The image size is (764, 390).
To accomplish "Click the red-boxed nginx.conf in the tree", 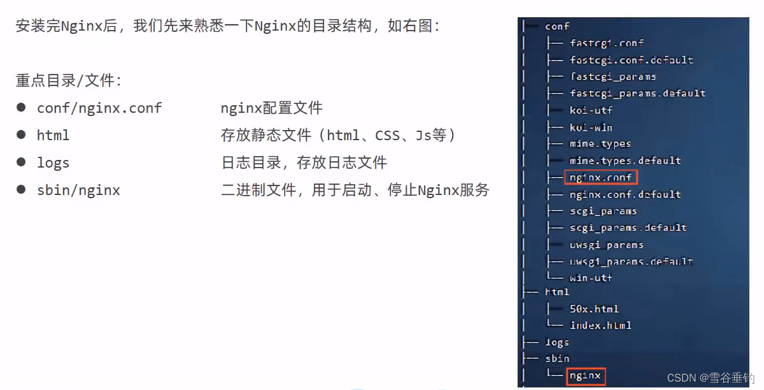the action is click(601, 177).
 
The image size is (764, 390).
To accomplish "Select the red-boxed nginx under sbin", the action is click(585, 375).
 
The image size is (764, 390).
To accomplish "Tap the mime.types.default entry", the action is click(625, 160).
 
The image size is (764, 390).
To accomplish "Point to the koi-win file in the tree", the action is click(591, 127).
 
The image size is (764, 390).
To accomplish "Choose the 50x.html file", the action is click(594, 308).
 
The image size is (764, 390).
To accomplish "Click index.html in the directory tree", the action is click(600, 325).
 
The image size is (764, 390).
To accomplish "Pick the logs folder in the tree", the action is click(556, 342).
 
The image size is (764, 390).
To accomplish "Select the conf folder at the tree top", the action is click(557, 26).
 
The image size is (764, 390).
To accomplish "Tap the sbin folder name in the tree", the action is click(557, 358).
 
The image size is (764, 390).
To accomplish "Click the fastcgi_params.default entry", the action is click(637, 93).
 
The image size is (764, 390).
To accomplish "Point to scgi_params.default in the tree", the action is click(628, 227).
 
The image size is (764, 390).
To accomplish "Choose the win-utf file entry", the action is click(591, 278).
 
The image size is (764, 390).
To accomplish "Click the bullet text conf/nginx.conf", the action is click(99, 108).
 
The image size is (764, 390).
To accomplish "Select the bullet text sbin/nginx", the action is click(78, 190).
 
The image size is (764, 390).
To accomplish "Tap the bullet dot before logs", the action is click(22, 162).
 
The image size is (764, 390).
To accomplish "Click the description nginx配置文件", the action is click(272, 108).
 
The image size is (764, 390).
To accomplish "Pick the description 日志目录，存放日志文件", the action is click(304, 162).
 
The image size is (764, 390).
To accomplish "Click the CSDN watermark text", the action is click(711, 378).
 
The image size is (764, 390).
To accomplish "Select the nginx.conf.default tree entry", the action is click(625, 194).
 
